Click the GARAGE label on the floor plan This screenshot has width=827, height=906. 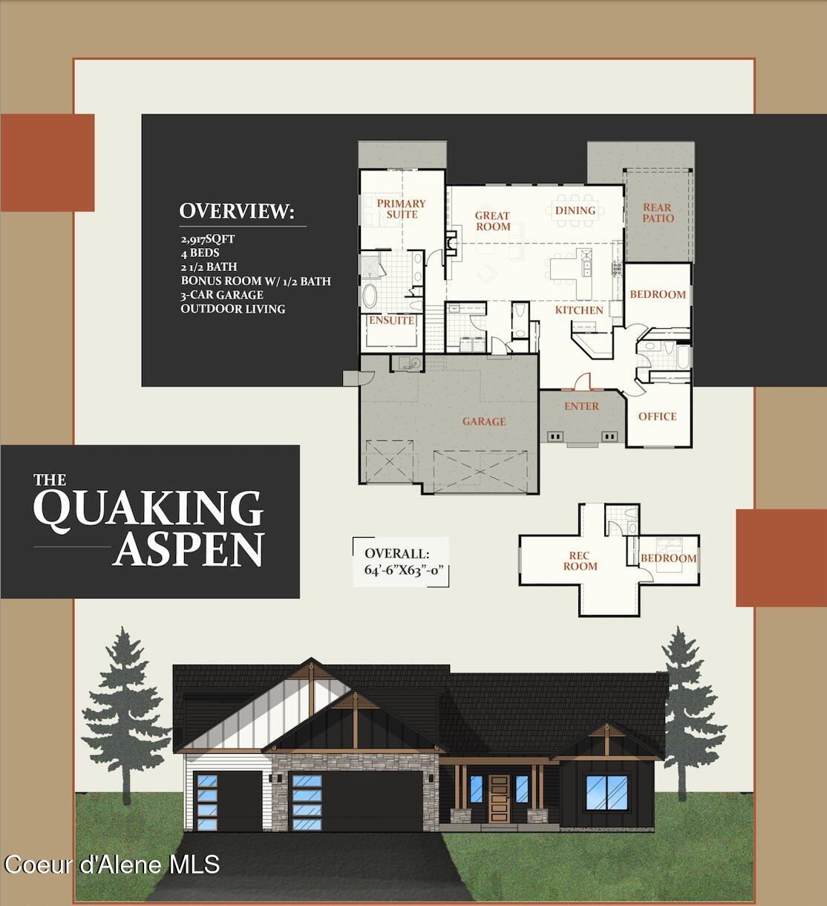[484, 422]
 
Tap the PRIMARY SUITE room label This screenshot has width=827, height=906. [401, 209]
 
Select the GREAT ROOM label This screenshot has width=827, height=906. [493, 221]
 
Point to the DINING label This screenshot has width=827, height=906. [575, 211]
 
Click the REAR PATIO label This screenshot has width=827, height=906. [658, 213]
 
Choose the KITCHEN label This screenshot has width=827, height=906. [579, 310]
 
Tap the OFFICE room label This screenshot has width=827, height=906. [657, 417]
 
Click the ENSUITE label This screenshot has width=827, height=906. [391, 321]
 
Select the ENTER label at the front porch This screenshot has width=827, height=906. [581, 406]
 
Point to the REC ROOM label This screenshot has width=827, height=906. [580, 561]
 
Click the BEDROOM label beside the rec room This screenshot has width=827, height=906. [668, 558]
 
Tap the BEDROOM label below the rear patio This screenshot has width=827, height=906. [658, 295]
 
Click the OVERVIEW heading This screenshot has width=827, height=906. [237, 211]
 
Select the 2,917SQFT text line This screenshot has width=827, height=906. [208, 239]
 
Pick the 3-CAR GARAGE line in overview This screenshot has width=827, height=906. [222, 295]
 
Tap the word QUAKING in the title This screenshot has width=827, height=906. [148, 509]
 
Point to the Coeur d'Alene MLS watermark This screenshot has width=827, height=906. [112, 864]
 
